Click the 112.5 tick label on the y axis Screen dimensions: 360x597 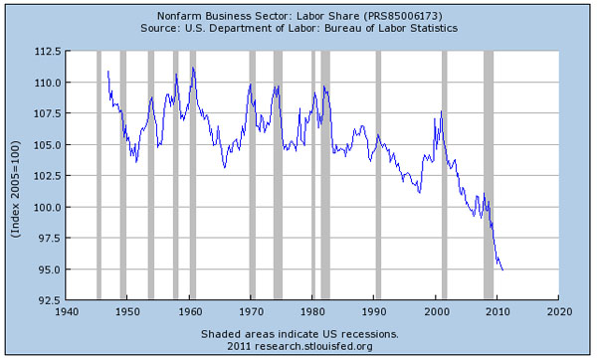(49, 52)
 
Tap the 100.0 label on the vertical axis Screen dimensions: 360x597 (49, 207)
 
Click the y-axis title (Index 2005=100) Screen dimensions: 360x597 (16, 175)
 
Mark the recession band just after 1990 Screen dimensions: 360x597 (378, 174)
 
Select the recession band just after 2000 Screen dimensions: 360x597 (444, 174)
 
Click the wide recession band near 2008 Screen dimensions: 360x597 (489, 174)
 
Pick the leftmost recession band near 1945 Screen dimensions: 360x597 (98, 174)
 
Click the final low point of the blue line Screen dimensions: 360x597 (502, 270)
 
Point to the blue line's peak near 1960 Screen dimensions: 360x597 (193, 68)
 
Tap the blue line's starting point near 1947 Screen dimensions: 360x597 (107, 72)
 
